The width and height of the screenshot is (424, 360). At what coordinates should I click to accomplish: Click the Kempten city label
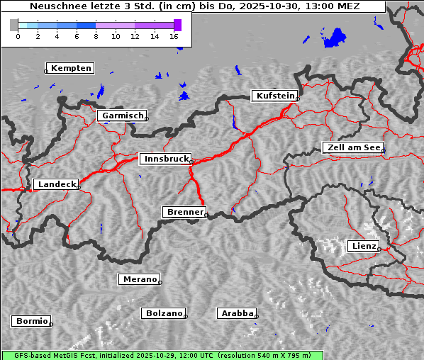click(72, 68)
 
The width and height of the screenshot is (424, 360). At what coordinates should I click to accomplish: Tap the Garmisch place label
click(123, 116)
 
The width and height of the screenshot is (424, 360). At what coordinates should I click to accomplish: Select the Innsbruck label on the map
click(166, 159)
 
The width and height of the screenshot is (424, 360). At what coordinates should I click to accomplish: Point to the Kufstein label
click(274, 96)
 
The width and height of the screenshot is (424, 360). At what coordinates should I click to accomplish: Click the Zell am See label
click(354, 147)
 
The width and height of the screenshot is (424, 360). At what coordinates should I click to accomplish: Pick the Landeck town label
click(56, 184)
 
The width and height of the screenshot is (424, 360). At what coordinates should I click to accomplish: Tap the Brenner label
click(185, 212)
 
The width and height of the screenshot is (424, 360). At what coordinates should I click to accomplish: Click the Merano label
click(139, 279)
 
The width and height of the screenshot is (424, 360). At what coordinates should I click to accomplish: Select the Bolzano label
click(164, 313)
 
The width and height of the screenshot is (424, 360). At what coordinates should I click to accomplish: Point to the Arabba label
click(236, 313)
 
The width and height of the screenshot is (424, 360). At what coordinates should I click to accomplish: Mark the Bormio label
click(31, 321)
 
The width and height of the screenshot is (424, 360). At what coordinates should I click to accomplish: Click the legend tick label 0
click(18, 35)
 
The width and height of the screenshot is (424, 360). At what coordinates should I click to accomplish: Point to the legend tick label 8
click(96, 35)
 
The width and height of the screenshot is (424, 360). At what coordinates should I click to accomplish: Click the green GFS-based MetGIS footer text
click(162, 355)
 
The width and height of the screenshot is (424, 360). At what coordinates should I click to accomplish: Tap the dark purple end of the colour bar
click(177, 25)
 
